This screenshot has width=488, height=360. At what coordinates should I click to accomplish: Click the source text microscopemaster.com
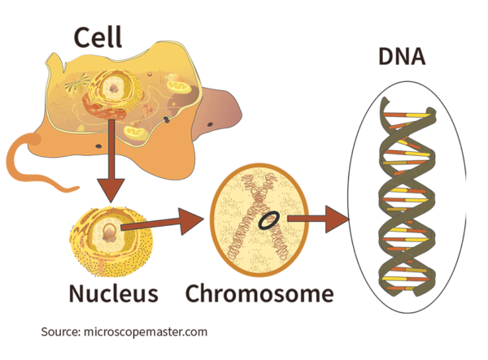click(x=145, y=332)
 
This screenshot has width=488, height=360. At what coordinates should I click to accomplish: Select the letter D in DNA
click(x=386, y=59)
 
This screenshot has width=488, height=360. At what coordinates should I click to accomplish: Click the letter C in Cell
click(x=81, y=37)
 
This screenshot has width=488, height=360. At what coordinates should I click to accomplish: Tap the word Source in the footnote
click(x=60, y=332)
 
